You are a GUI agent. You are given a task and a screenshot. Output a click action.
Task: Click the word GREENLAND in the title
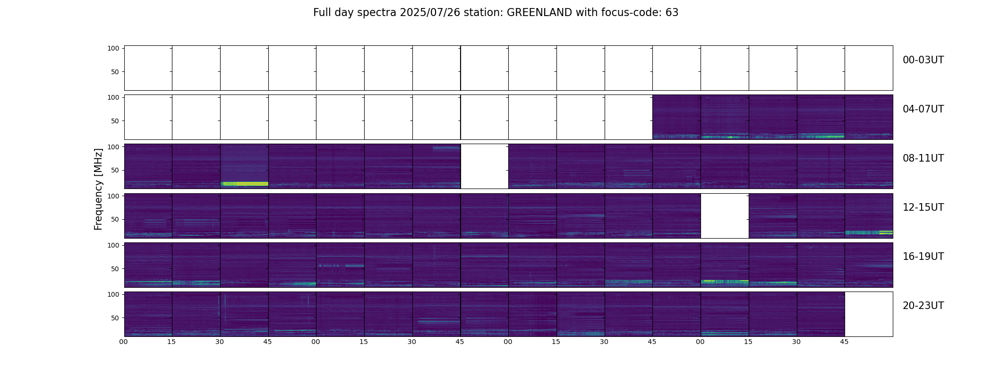pyautogui.click(x=539, y=13)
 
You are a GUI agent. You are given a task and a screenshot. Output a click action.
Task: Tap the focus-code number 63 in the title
pyautogui.click(x=672, y=13)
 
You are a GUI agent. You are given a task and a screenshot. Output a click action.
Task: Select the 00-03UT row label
pyautogui.click(x=923, y=60)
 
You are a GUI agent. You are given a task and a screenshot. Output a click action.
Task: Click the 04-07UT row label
pyautogui.click(x=923, y=109)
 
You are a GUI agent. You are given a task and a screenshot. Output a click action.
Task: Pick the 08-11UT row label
pyautogui.click(x=923, y=158)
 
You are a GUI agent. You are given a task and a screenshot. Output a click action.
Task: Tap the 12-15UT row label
pyautogui.click(x=923, y=207)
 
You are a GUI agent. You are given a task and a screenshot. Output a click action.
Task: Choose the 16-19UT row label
pyautogui.click(x=923, y=257)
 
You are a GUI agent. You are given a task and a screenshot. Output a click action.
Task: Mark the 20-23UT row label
pyautogui.click(x=923, y=306)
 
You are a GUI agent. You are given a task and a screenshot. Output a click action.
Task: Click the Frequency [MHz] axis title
pyautogui.click(x=98, y=189)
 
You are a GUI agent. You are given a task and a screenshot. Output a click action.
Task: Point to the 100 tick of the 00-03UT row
pyautogui.click(x=113, y=48)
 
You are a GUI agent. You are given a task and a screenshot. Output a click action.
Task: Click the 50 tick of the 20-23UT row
pyautogui.click(x=115, y=318)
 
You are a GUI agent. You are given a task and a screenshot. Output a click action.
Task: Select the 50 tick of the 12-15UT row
pyautogui.click(x=115, y=220)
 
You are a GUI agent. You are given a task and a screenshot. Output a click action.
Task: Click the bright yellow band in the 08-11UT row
pyautogui.click(x=244, y=184)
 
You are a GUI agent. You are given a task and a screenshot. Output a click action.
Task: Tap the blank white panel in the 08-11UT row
pyautogui.click(x=484, y=166)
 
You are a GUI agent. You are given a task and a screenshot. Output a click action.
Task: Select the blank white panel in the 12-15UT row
pyautogui.click(x=725, y=215)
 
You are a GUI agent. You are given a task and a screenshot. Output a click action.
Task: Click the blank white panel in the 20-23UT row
pyautogui.click(x=869, y=314)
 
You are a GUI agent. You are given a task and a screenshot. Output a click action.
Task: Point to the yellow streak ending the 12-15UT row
pyautogui.click(x=886, y=232)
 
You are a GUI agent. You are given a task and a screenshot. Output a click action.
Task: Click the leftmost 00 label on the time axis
pyautogui.click(x=124, y=342)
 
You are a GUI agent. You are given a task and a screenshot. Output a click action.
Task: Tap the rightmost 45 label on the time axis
pyautogui.click(x=844, y=342)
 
